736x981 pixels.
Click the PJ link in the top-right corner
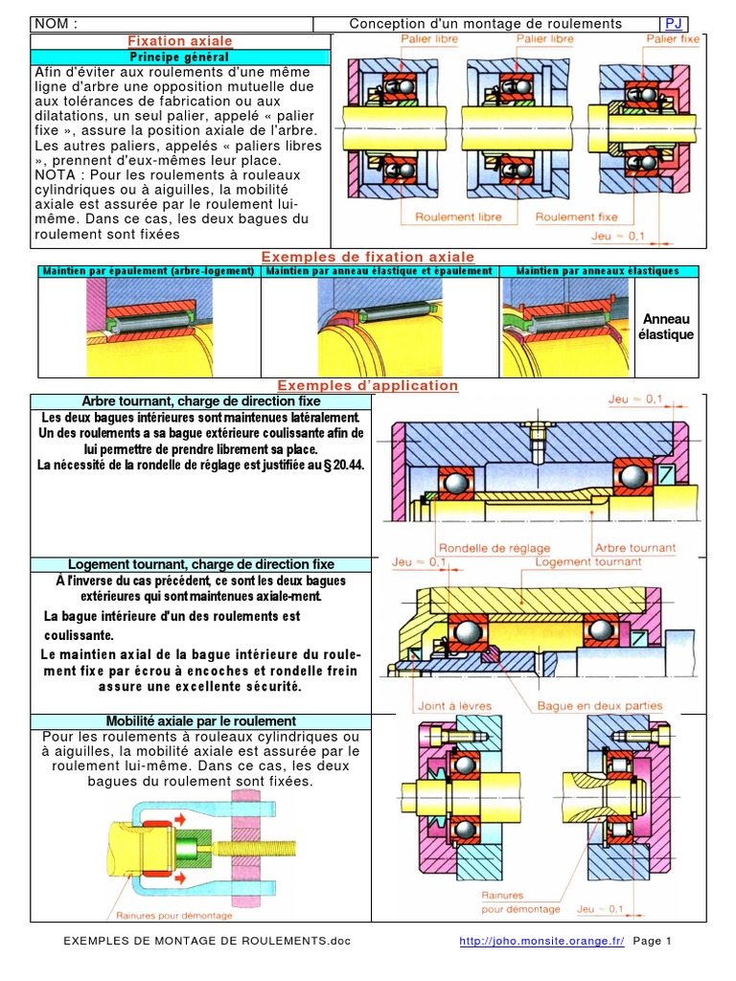pos(674,24)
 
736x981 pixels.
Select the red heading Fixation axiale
pos(180,41)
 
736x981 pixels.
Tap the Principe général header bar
pos(180,57)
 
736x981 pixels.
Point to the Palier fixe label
pos(673,39)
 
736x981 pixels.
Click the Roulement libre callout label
pos(458,217)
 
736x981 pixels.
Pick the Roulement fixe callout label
pos(577,217)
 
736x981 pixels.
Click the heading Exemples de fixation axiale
pos(367,257)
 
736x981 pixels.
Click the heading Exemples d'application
pos(367,385)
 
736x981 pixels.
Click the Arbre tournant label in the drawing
pos(635,549)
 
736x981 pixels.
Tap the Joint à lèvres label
pos(454,706)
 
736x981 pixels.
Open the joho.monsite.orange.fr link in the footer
pos(541,942)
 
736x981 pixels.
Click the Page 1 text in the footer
pos(653,942)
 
